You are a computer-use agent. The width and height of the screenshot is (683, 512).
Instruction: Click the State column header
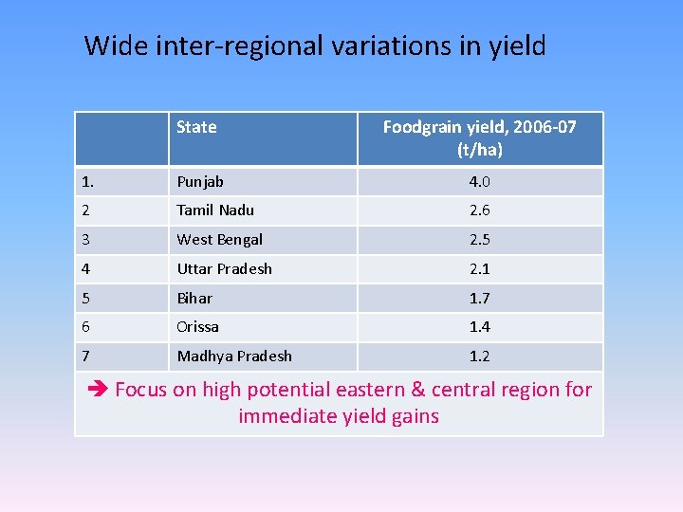[196, 127]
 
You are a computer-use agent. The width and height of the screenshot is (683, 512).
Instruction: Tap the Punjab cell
[200, 181]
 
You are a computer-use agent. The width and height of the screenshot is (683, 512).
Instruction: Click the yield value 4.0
[479, 181]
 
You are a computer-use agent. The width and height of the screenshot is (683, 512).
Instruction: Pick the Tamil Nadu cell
[215, 210]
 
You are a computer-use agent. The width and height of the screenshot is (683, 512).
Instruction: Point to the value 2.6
[479, 210]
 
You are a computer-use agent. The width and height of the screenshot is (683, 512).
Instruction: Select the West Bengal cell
[219, 240]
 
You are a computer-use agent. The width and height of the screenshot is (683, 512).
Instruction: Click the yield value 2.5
[479, 240]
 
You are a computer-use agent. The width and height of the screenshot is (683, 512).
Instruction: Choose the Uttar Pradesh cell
[224, 269]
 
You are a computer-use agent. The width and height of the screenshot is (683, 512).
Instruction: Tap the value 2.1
[479, 269]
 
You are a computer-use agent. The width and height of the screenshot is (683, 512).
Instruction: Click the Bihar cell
[194, 298]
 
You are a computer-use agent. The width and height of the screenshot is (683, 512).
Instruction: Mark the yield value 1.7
[479, 298]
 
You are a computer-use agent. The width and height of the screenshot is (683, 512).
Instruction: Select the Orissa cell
[197, 326]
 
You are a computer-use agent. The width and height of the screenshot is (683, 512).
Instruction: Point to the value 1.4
[479, 326]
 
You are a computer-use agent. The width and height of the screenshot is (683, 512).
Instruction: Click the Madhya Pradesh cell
[234, 356]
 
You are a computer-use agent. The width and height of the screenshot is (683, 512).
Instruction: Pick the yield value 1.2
[479, 356]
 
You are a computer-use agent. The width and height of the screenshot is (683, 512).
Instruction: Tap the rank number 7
[86, 356]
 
